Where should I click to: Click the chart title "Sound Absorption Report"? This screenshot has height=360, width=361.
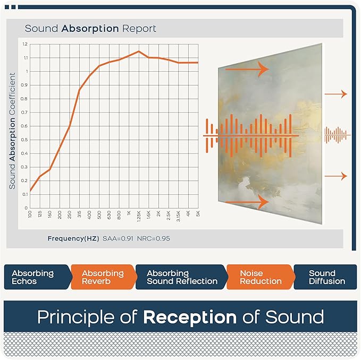click(x=90, y=28)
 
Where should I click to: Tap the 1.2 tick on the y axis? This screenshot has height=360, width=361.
click(x=25, y=44)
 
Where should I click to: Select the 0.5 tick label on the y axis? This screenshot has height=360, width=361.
click(x=25, y=140)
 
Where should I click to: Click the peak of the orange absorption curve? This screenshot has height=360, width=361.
click(x=139, y=52)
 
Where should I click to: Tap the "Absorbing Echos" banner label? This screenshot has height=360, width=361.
click(x=33, y=277)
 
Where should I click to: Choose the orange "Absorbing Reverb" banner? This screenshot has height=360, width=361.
click(x=103, y=277)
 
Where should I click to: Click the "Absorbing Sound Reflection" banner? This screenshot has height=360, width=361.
click(x=182, y=277)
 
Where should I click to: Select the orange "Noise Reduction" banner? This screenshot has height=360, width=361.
click(x=259, y=277)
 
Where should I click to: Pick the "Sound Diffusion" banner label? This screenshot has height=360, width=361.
click(x=326, y=277)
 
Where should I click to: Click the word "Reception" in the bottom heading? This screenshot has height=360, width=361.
click(x=190, y=317)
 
